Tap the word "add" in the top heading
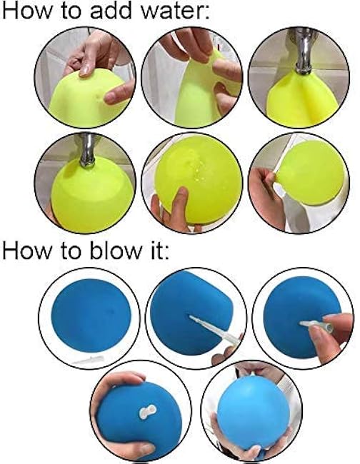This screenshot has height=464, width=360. [111, 11]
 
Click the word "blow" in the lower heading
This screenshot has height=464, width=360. [116, 251]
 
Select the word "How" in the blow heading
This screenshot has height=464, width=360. [26, 251]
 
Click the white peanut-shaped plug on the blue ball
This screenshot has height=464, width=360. [147, 412]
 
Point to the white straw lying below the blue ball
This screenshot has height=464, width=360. [89, 360]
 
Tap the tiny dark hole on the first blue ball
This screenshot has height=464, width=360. [111, 311]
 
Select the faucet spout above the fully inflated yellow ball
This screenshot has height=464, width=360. [88, 151]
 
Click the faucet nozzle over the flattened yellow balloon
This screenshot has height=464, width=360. [304, 52]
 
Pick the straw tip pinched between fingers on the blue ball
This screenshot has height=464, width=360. [316, 326]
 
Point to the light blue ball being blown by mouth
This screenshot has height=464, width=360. [253, 413]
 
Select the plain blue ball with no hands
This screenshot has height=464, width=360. [91, 316]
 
